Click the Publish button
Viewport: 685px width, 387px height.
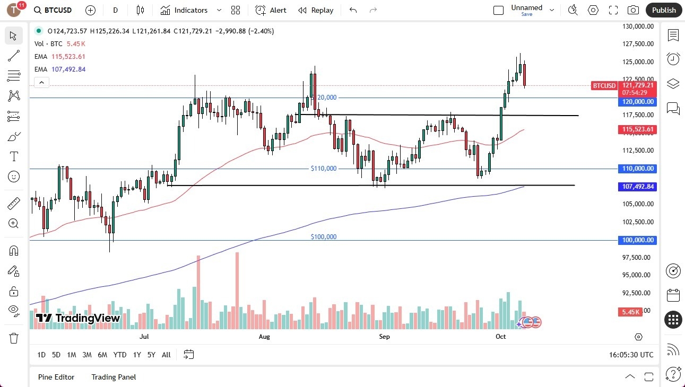click(664, 10)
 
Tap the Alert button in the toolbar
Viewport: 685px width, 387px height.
click(271, 10)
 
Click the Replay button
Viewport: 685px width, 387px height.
click(316, 10)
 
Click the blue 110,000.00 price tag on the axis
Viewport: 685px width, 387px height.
click(637, 169)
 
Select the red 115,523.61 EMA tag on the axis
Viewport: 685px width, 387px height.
click(637, 129)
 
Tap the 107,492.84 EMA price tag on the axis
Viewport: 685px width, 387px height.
click(637, 187)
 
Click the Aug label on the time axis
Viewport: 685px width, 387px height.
click(264, 337)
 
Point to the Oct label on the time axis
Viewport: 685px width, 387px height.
click(500, 337)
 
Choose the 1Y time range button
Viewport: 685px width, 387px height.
click(137, 355)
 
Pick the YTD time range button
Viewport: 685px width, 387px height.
click(120, 355)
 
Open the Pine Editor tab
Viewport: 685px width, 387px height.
click(56, 377)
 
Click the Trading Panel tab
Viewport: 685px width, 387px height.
click(114, 377)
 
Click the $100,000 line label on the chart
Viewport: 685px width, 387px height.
click(324, 237)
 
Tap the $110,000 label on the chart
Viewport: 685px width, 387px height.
click(324, 169)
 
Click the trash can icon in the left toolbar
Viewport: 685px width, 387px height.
click(14, 338)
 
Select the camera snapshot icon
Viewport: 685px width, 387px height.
click(633, 10)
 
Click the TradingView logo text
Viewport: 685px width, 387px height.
click(79, 318)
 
